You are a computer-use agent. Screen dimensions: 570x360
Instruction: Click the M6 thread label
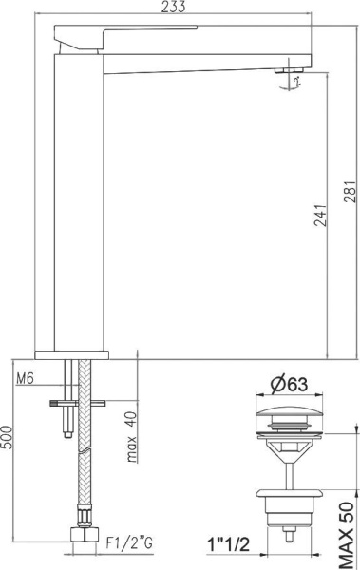28,379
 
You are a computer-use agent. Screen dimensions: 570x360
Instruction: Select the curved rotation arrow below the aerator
296,84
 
